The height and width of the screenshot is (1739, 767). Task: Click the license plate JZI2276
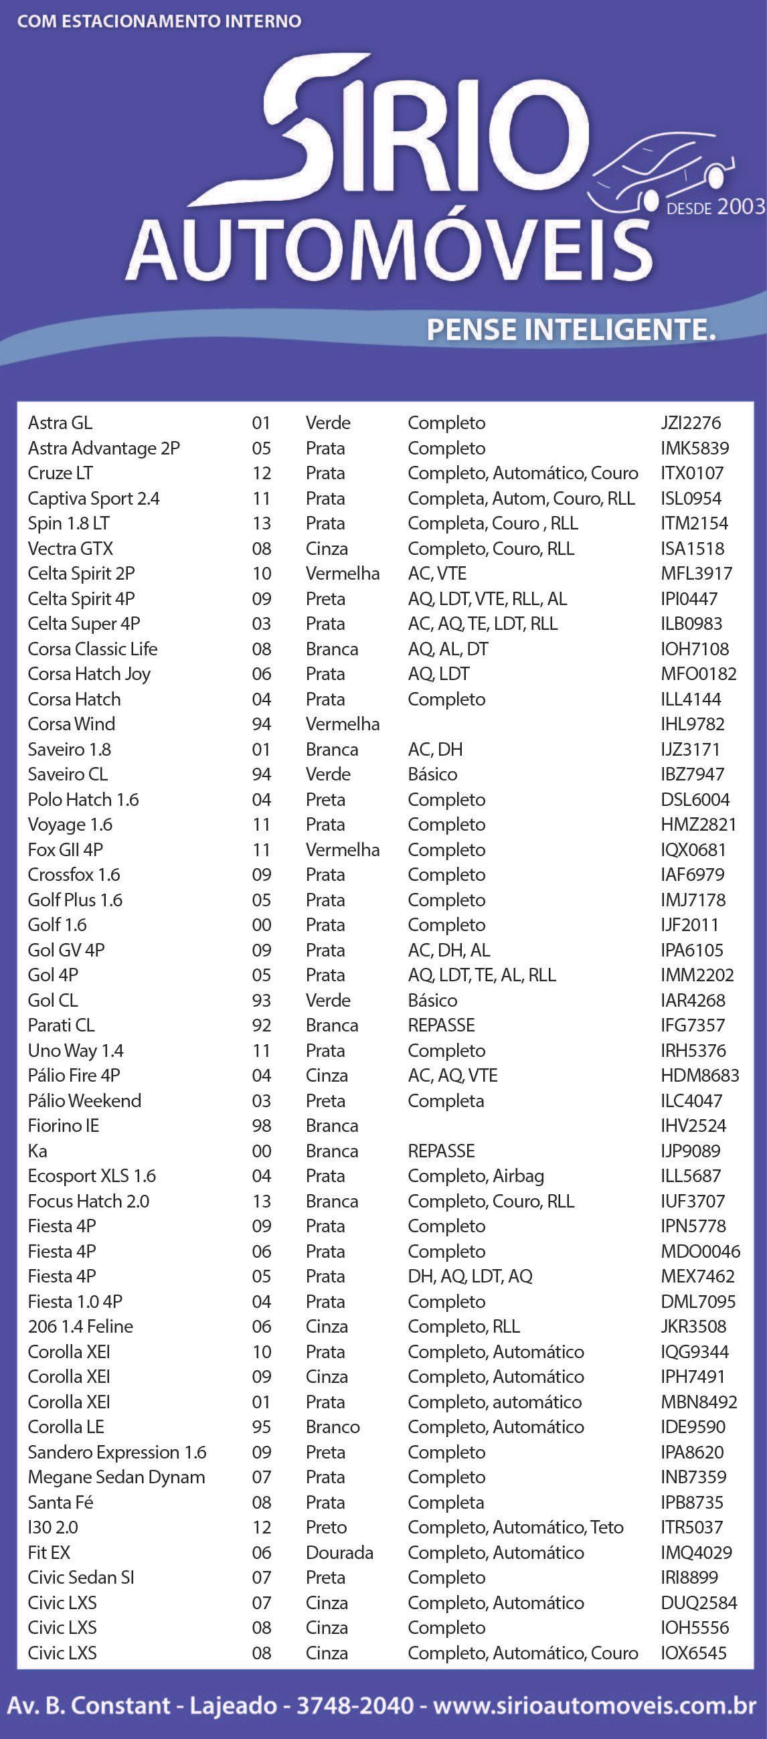coord(690,423)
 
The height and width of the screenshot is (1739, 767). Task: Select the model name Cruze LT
coord(60,473)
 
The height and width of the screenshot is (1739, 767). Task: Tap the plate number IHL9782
coord(692,724)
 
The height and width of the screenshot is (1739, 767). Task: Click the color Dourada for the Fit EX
coord(339,1553)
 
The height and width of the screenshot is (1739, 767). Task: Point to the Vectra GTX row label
coord(70,549)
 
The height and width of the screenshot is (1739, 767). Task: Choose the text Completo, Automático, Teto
coord(515,1527)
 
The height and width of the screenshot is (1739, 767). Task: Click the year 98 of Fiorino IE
coord(261,1126)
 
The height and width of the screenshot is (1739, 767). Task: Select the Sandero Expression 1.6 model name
coord(117,1452)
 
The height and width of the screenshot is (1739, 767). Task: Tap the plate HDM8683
coord(699,1076)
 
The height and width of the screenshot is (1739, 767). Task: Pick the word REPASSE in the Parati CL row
coord(441,1025)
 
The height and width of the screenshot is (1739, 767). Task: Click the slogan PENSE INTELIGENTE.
coord(570,330)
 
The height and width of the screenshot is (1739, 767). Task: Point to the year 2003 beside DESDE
coord(741,207)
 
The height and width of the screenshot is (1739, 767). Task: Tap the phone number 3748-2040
coord(355,1706)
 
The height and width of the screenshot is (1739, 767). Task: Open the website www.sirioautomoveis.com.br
coord(594,1706)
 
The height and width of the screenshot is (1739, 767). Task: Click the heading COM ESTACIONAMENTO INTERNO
coord(159,21)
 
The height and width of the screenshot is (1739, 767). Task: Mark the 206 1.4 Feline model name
coord(80,1327)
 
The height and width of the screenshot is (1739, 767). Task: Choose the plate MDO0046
coord(700,1252)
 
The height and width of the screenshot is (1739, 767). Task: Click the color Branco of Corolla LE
coord(332,1427)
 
